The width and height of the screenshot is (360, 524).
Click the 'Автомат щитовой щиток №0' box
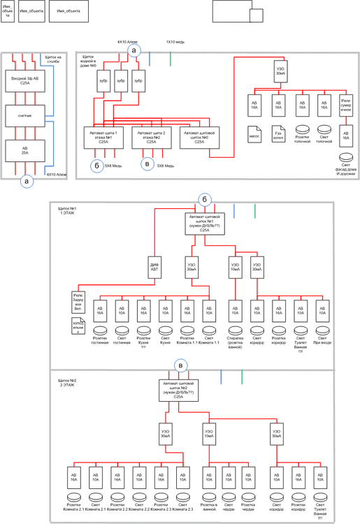point(199,134)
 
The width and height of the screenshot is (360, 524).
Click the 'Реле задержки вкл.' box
point(78,299)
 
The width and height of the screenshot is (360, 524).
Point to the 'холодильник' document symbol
point(78,324)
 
